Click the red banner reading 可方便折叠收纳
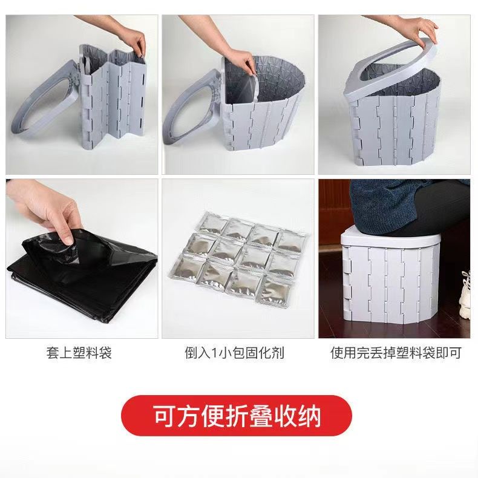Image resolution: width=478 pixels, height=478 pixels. (x=237, y=415)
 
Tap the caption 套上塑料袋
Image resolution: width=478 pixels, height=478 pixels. (x=79, y=353)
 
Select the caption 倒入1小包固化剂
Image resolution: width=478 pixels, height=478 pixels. (x=234, y=353)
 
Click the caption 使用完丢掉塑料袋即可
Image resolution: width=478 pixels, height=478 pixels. (x=395, y=353)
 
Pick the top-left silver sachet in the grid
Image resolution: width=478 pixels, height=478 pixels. (x=214, y=224)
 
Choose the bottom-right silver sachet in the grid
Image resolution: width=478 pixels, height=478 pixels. (x=277, y=291)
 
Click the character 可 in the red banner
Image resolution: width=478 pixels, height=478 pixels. (x=164, y=415)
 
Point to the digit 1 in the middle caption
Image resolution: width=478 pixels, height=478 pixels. (x=214, y=353)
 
